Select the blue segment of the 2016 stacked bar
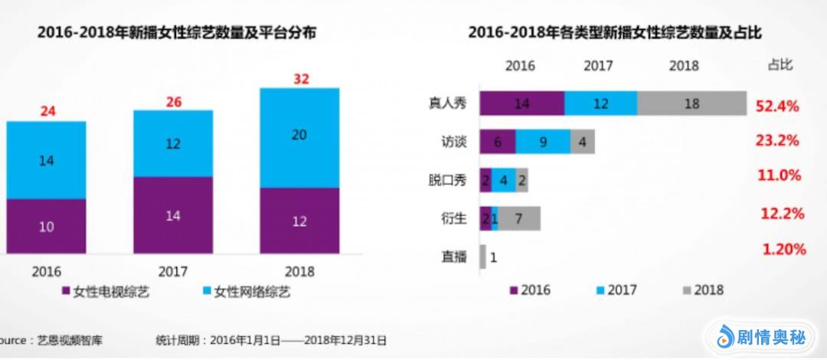(x=46, y=160)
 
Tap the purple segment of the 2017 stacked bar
(x=173, y=215)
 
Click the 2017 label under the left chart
(x=173, y=271)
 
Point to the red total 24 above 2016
(x=47, y=111)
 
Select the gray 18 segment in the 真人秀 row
(x=691, y=103)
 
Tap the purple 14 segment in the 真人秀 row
(x=522, y=103)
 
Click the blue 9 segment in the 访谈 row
(x=543, y=142)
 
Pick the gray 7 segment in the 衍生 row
(x=519, y=218)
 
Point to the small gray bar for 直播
(x=483, y=257)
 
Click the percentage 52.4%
(x=777, y=106)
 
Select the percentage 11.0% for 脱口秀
(x=780, y=176)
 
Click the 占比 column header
(x=780, y=65)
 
